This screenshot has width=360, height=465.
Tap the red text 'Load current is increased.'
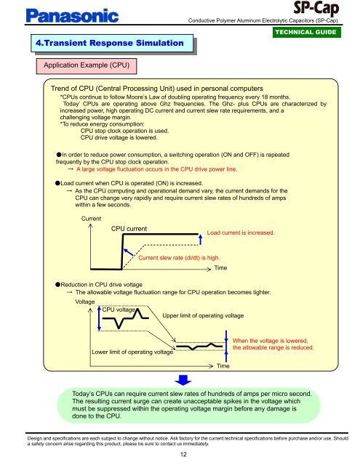coord(241,232)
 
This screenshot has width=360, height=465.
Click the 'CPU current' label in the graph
coord(129,229)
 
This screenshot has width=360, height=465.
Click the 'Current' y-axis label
coord(92,218)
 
